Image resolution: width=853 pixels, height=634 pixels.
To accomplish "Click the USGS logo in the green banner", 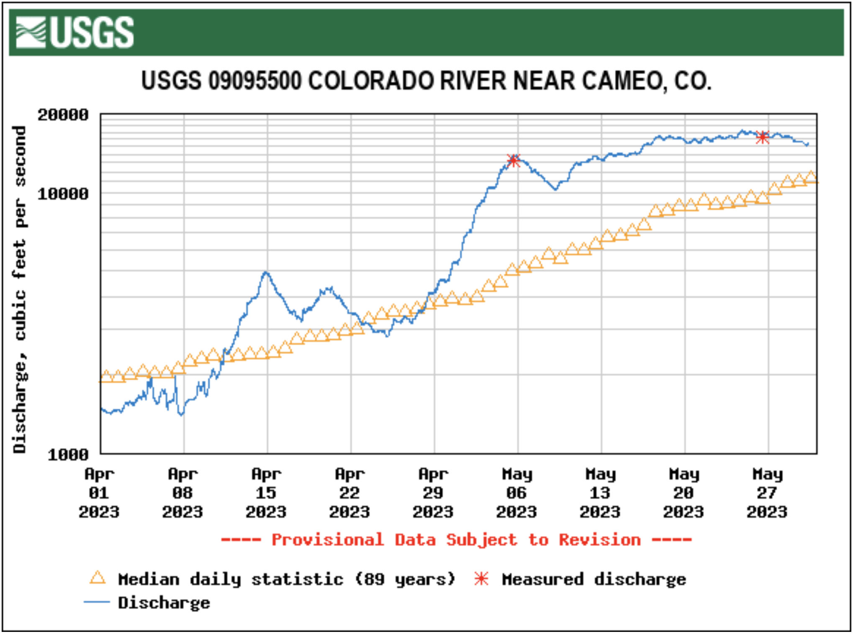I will [75, 32].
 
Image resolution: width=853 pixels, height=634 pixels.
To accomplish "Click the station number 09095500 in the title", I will [254, 80].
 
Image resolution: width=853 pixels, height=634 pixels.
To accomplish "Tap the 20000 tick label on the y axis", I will [63, 115].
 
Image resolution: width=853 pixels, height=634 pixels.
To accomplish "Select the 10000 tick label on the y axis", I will [63, 194].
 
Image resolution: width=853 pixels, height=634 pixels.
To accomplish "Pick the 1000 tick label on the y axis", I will [68, 454].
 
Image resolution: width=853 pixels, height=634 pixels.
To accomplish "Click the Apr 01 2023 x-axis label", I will [99, 493].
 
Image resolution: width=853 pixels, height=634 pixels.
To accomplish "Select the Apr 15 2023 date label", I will [266, 493].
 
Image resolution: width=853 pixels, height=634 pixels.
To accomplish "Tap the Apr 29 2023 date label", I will [433, 493].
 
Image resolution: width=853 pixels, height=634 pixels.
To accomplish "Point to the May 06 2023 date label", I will [517, 493].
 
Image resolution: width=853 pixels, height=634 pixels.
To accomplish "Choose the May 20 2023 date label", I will [684, 493].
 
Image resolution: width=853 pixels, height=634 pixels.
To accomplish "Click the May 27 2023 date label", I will [767, 493].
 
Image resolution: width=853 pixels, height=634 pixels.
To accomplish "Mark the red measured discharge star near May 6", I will [514, 160].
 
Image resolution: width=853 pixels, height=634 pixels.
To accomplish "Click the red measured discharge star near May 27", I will [763, 137].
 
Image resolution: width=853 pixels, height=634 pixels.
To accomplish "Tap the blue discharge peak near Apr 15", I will [266, 273].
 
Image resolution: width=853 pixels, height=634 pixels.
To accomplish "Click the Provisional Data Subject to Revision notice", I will [456, 540].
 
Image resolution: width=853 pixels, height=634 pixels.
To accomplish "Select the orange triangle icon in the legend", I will [98, 578].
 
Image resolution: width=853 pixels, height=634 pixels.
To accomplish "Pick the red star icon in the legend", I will [481, 579].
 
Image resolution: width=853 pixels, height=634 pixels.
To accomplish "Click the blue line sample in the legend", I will [97, 602].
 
